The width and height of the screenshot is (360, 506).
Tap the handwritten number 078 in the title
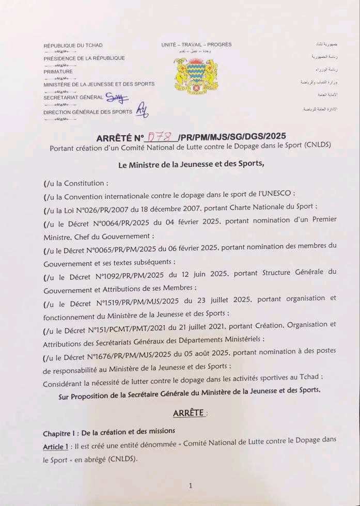coord(160,137)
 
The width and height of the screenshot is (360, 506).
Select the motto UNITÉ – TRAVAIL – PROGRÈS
coord(196,44)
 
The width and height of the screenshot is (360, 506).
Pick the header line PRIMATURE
coord(58,72)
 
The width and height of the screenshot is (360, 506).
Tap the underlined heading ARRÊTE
coord(190,414)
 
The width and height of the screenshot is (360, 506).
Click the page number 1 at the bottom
coord(191,485)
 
